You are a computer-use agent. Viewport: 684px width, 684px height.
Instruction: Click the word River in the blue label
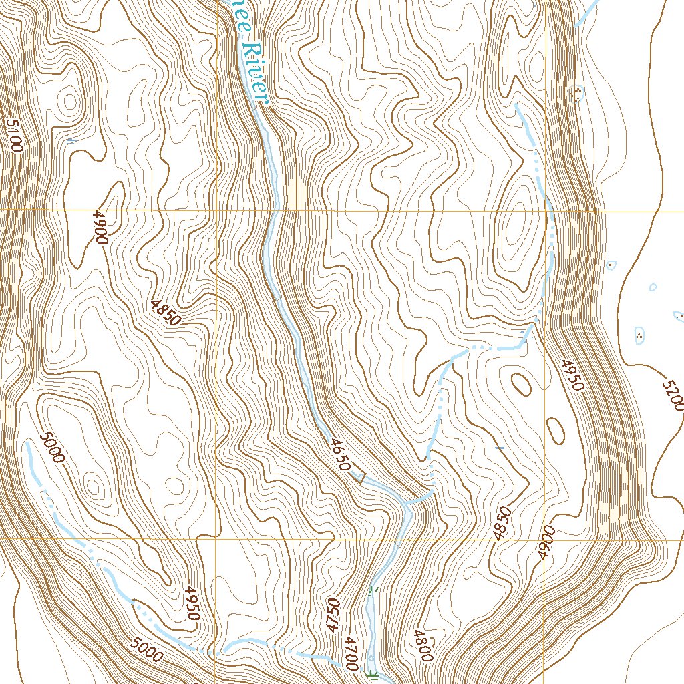pyautogui.click(x=255, y=73)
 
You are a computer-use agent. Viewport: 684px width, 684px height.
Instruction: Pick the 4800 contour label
pyautogui.click(x=423, y=645)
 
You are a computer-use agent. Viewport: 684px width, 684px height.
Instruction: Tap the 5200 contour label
pyautogui.click(x=673, y=395)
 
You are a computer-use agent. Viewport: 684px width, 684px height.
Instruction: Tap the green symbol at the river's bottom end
pyautogui.click(x=372, y=673)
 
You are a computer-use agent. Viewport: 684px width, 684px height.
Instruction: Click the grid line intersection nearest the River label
pyautogui.click(x=217, y=210)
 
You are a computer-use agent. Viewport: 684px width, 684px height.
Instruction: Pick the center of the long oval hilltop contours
pyautogui.click(x=515, y=230)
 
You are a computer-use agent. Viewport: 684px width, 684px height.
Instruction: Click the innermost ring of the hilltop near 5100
pyautogui.click(x=69, y=102)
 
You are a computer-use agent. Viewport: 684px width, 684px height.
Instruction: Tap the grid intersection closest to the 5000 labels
pyautogui.click(x=217, y=538)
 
